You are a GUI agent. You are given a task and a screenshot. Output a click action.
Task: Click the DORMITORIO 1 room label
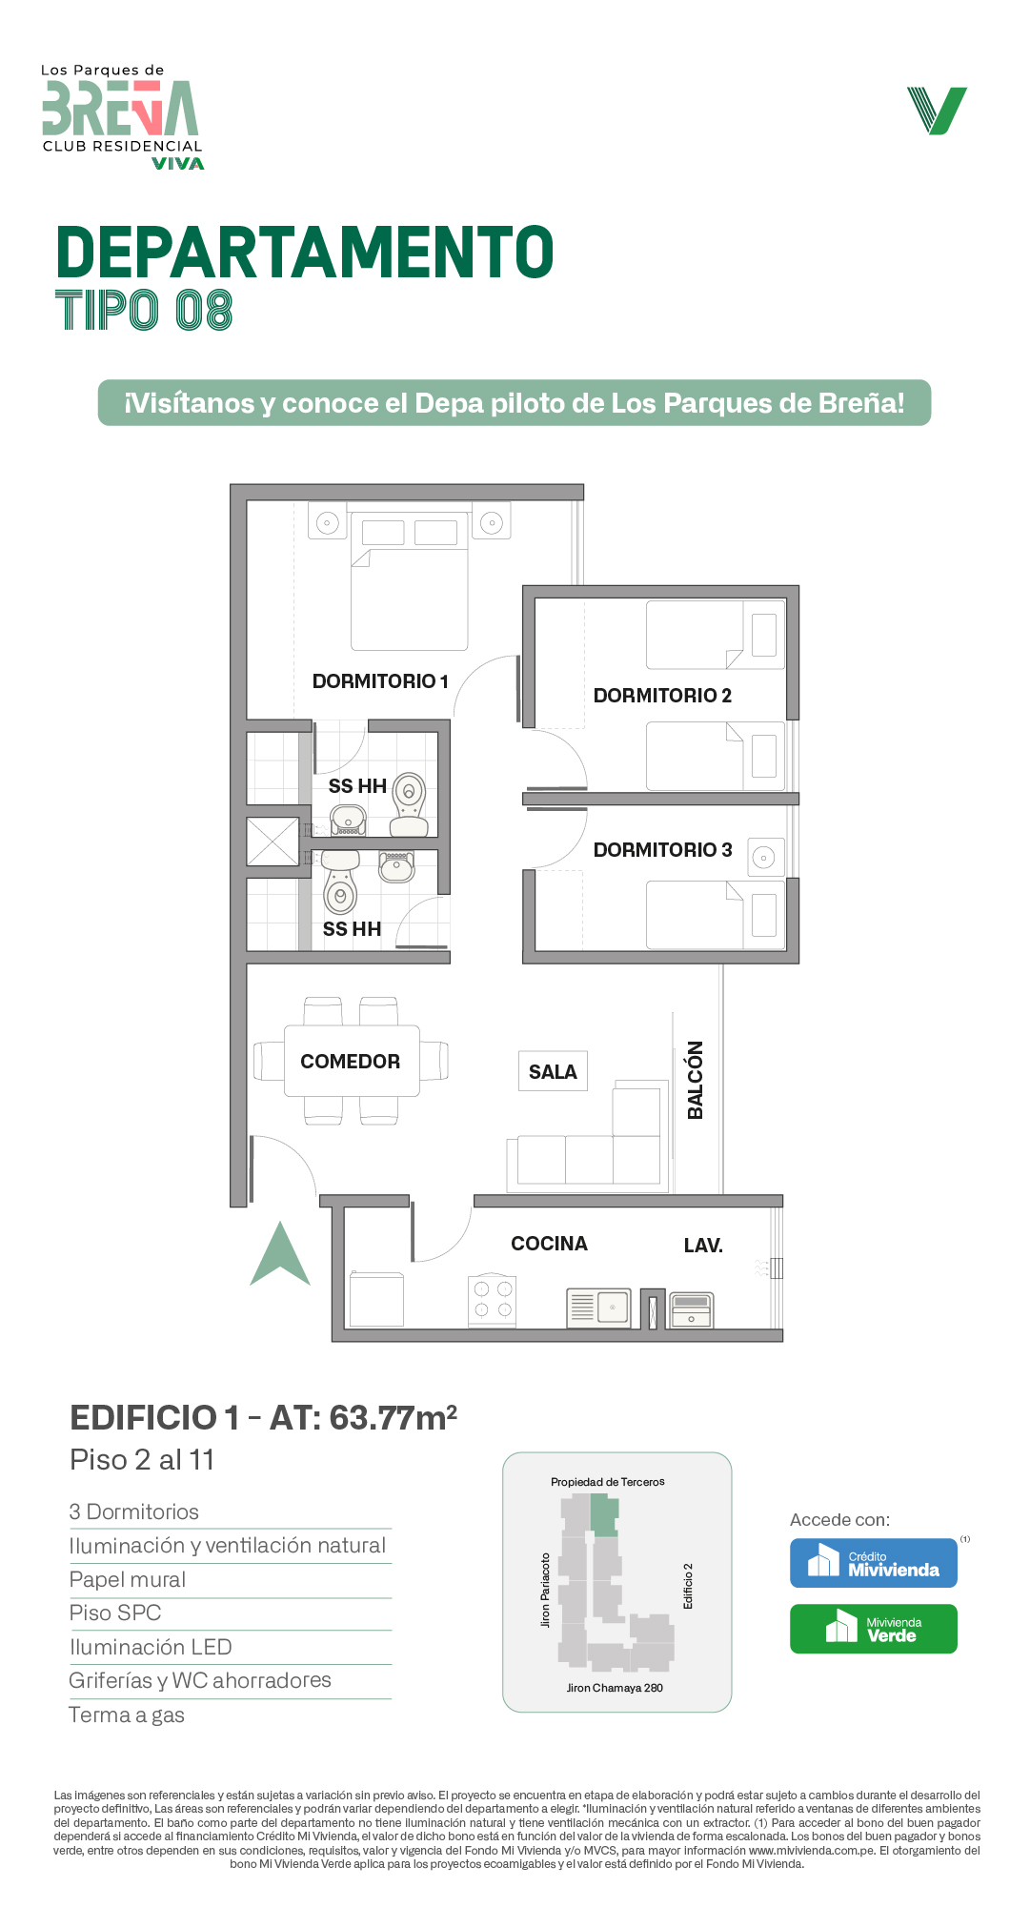(x=380, y=681)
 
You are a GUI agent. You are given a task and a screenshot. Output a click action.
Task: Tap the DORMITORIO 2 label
(x=662, y=696)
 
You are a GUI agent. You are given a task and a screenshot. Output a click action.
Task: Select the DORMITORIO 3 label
(x=662, y=850)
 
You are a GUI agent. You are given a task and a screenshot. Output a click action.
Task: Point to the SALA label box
(x=553, y=1071)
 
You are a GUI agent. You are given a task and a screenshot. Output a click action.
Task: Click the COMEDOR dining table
(x=352, y=1061)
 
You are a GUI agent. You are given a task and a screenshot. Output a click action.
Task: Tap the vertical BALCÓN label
(x=696, y=1080)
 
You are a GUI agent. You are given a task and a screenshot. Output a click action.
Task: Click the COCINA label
(x=549, y=1244)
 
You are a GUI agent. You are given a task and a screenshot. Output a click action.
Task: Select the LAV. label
(x=703, y=1246)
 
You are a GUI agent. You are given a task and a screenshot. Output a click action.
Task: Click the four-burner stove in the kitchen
(x=493, y=1301)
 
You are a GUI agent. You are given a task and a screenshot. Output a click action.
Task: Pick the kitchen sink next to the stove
(x=598, y=1307)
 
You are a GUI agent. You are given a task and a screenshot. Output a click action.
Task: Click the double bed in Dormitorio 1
(x=410, y=581)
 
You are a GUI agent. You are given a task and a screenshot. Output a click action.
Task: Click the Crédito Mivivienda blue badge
(x=874, y=1563)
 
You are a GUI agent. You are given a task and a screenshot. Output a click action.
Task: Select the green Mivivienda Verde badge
(x=874, y=1629)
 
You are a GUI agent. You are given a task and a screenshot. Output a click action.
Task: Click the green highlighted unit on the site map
(x=604, y=1515)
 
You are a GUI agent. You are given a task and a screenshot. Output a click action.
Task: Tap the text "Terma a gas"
(x=127, y=1715)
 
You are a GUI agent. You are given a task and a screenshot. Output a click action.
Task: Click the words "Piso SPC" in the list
(x=115, y=1613)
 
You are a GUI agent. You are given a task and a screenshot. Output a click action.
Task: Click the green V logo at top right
(x=937, y=111)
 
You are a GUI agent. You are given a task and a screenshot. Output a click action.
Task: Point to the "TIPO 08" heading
(x=144, y=311)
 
